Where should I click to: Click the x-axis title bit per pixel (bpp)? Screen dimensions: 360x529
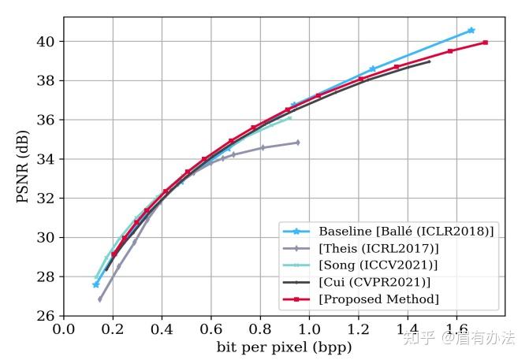284,347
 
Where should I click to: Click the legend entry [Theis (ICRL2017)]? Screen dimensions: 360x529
379,248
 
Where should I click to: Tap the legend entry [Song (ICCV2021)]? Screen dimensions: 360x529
378,265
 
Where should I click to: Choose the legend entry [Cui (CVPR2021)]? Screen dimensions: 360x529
375,282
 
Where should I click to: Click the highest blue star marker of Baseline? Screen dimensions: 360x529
471,30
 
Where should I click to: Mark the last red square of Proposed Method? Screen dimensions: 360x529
485,43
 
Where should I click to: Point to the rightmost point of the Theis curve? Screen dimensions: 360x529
297,143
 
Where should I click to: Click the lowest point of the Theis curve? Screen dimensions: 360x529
99,299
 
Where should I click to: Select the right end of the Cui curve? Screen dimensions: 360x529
430,61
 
